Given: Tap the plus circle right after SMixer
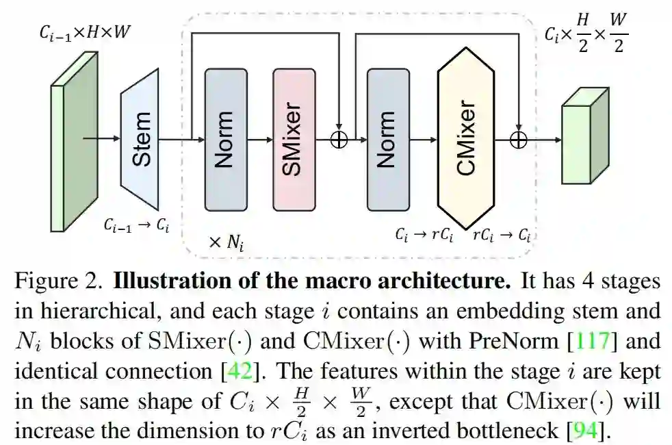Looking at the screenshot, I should (339, 139).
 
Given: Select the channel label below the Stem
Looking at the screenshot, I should (136, 225).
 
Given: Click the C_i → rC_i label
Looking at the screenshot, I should (424, 235).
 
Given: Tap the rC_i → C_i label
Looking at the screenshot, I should (502, 235).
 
